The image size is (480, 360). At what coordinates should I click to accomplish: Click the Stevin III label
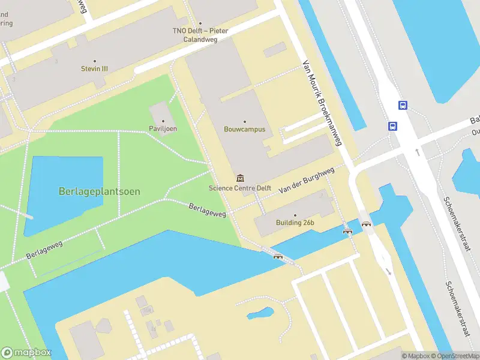(x=95, y=69)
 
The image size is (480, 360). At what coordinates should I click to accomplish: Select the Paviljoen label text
(x=163, y=129)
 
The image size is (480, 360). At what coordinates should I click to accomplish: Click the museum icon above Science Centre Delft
(x=241, y=178)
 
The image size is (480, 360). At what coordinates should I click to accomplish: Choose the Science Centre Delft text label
(x=240, y=188)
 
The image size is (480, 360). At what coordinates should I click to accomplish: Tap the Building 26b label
(x=295, y=223)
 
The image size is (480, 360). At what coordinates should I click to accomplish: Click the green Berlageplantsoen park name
(x=100, y=191)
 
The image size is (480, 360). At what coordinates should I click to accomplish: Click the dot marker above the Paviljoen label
(x=163, y=121)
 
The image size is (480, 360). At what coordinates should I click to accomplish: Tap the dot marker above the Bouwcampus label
(x=244, y=122)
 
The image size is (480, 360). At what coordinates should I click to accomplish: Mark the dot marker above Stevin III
(x=95, y=61)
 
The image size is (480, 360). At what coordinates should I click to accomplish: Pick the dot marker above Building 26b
(x=295, y=215)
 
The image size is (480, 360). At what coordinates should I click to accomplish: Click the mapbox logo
(x=26, y=353)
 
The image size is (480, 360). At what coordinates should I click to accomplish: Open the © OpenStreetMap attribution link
(x=455, y=356)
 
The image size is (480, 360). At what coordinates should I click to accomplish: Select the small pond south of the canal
(x=260, y=313)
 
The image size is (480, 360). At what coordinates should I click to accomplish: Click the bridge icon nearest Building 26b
(x=346, y=230)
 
